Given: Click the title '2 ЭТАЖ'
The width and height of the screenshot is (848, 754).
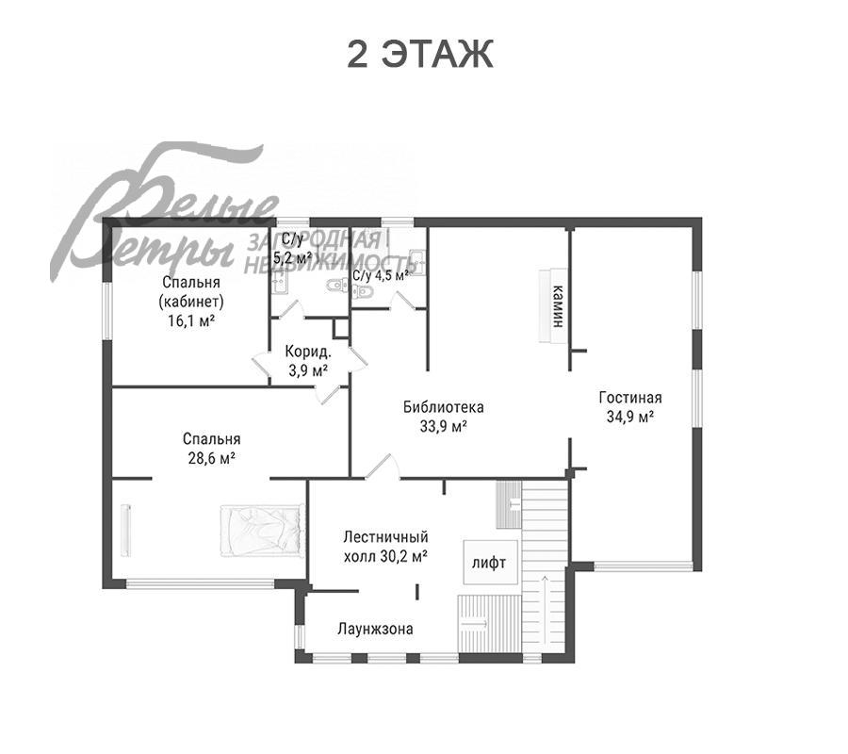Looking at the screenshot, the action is point(419,54).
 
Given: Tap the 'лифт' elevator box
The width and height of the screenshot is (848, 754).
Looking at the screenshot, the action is point(490,562).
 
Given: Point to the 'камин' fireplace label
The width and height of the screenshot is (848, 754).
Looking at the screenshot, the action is point(558,306).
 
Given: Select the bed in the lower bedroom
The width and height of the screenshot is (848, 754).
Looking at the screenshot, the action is point(262,530).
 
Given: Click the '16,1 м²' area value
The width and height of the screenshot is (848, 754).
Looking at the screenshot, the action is point(191,320).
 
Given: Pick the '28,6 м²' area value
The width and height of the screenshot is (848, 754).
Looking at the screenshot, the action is point(211,458).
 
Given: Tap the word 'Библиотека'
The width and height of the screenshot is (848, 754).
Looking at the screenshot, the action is point(444,407).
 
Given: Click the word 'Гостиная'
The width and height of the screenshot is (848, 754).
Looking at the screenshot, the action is point(630,398).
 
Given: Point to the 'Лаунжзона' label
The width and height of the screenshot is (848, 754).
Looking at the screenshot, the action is point(375,629).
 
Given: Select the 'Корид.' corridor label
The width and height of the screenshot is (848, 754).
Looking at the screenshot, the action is point(308,352).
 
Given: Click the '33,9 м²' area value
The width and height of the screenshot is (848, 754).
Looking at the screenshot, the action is point(444,426).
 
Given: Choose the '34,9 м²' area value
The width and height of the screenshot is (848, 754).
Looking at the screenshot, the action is point(630,417).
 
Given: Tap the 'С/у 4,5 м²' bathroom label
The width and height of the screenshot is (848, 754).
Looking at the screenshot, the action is point(381,275).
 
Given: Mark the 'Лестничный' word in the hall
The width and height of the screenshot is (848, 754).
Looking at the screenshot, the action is point(385,537).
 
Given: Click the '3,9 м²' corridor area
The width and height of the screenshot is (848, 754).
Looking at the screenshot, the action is point(308,371).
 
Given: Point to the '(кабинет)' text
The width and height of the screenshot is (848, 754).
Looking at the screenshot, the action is point(191,302).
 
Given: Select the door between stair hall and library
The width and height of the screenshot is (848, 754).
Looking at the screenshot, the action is point(383,467).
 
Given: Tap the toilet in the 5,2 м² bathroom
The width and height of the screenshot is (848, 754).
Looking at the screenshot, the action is point(337,285).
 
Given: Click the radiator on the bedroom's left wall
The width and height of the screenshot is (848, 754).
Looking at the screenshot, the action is point(126,530).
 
